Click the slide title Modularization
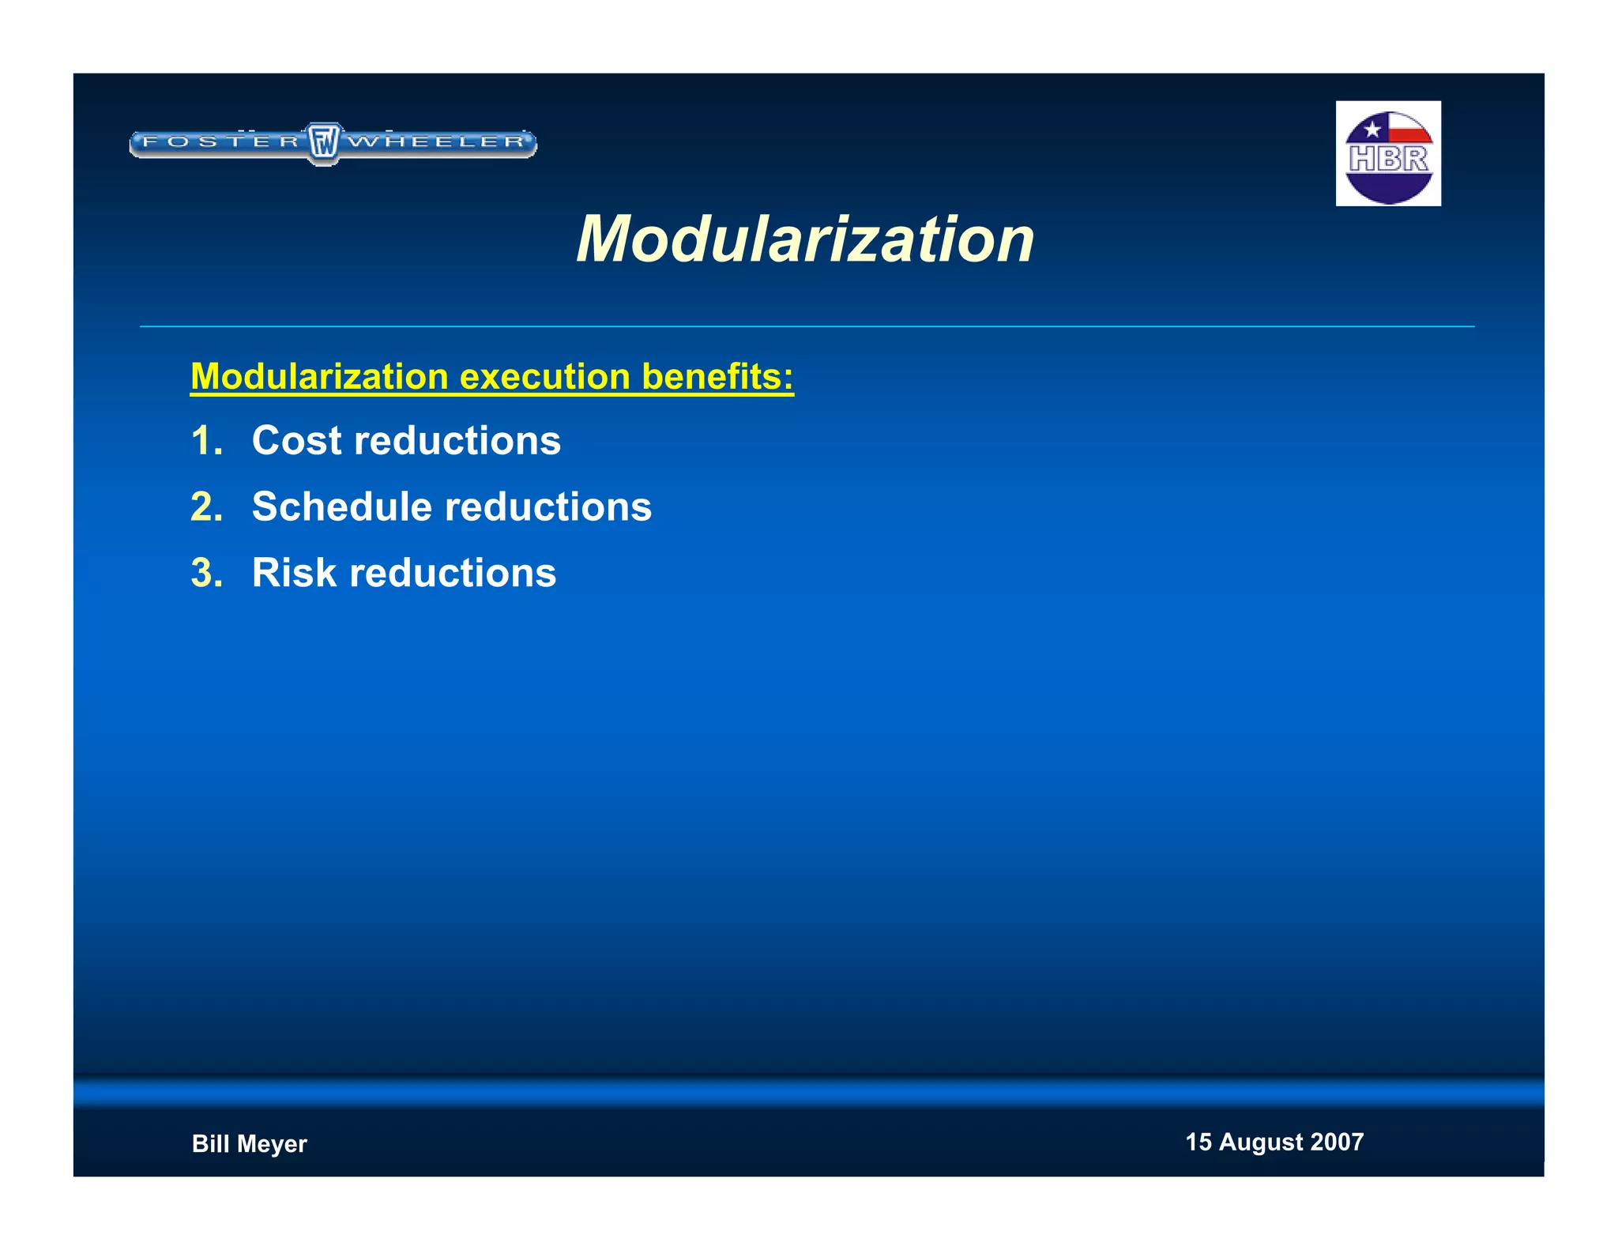[805, 239]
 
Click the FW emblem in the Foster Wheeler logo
[323, 143]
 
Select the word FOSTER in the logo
[220, 142]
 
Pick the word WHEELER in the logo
[437, 142]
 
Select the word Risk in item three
[294, 573]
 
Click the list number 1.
[205, 441]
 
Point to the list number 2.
[205, 507]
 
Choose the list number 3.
[205, 574]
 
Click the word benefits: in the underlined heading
[717, 376]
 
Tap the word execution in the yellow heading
[545, 376]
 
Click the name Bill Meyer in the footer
[249, 1143]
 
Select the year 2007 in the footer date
[1337, 1142]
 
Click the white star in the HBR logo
[1372, 129]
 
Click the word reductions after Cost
[457, 440]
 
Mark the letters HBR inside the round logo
[1388, 159]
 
